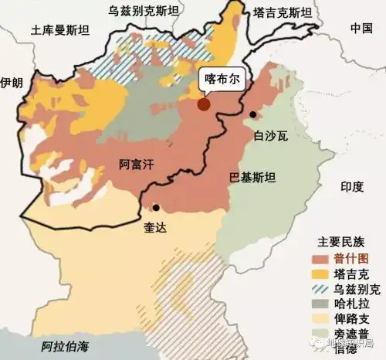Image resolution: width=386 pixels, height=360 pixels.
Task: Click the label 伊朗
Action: pos(12,82)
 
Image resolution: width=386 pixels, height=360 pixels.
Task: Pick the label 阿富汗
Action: pos(136,165)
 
